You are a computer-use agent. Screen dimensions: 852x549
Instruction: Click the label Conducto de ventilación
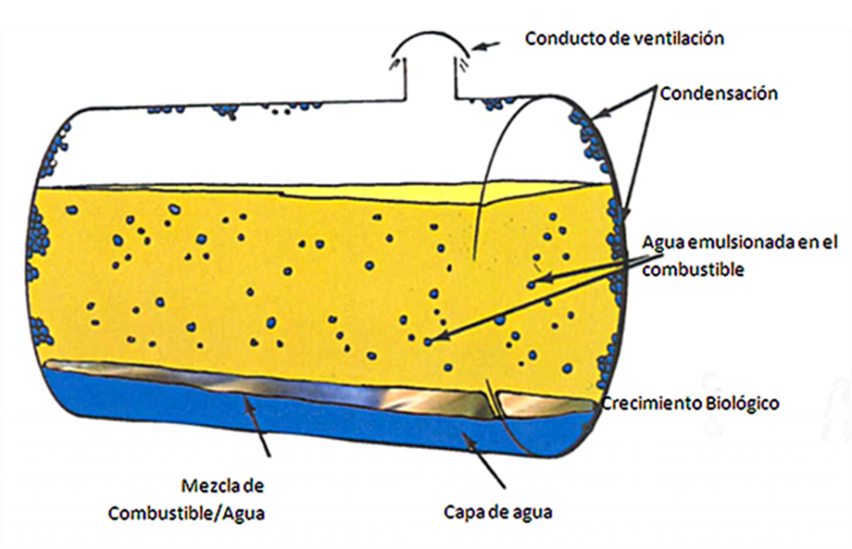click(x=624, y=38)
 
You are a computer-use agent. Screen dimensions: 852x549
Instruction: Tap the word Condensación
click(x=719, y=93)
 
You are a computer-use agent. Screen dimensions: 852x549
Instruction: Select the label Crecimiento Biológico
click(x=690, y=403)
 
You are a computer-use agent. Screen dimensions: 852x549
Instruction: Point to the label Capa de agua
click(x=498, y=512)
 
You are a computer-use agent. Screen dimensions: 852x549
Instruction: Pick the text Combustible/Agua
click(x=186, y=513)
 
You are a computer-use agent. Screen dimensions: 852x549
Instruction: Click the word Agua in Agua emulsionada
click(x=663, y=243)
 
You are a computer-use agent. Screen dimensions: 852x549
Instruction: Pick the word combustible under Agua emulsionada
click(x=693, y=270)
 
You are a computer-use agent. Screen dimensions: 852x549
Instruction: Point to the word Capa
click(x=463, y=513)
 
